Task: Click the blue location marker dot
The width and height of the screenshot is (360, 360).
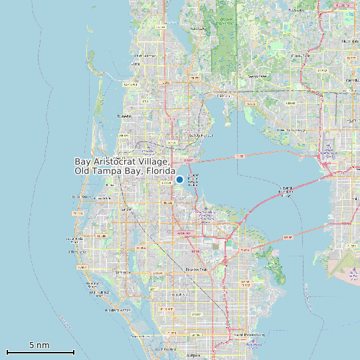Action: (x=179, y=180)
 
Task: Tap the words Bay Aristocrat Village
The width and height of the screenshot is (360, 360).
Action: (x=123, y=161)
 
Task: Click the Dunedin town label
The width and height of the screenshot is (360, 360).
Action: (x=124, y=116)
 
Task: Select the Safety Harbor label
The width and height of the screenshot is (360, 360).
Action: (x=195, y=135)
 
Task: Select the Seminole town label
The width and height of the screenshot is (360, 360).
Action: (x=122, y=272)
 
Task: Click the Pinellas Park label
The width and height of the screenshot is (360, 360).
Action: (x=197, y=269)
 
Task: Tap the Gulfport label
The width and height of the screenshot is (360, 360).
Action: (x=193, y=355)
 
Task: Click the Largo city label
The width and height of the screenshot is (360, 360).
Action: (x=124, y=209)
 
